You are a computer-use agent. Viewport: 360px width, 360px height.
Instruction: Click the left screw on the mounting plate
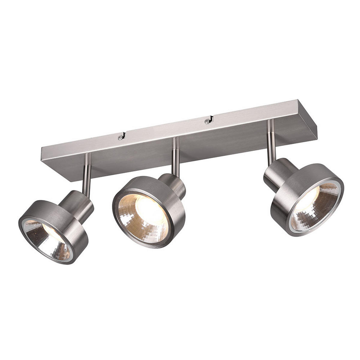coord(120,137)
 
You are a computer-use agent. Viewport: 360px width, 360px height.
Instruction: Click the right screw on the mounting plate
coord(206,121)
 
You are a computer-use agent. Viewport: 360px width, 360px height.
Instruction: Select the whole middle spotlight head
coord(149,211)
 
